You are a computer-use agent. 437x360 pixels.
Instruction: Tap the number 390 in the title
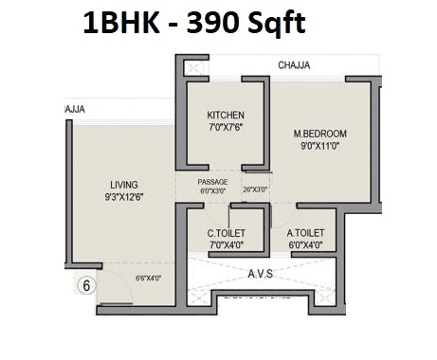click(x=218, y=22)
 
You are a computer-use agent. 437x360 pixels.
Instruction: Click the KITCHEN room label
click(x=226, y=116)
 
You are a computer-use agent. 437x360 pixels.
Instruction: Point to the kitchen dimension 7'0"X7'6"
click(x=226, y=128)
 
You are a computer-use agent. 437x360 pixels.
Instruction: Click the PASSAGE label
click(x=212, y=181)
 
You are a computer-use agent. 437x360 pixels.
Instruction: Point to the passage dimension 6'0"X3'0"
click(x=212, y=190)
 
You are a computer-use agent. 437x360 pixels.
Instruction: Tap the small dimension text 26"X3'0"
click(x=256, y=190)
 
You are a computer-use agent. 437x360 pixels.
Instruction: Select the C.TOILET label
click(x=227, y=232)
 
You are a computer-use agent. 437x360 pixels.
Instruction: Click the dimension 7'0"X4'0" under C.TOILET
click(x=227, y=244)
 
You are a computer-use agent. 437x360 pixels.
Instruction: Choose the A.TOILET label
click(x=305, y=232)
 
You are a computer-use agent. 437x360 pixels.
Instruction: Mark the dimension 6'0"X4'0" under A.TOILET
click(x=305, y=244)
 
